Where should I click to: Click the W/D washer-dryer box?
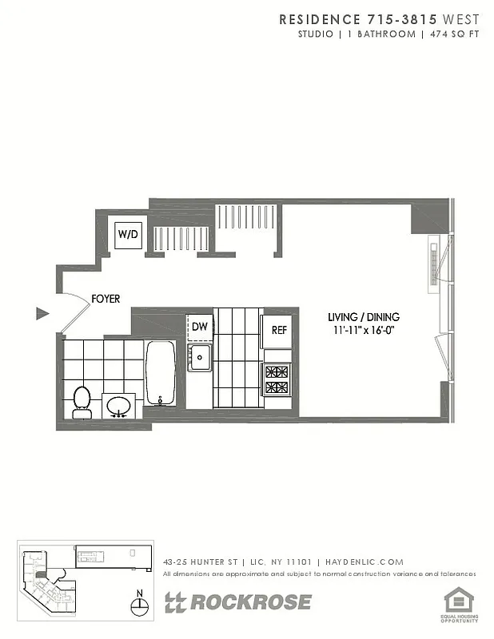(129, 234)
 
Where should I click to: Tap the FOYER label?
(106, 299)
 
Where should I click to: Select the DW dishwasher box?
(199, 327)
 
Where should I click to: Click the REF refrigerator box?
(278, 330)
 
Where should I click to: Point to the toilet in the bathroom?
(82, 401)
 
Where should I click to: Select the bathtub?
(161, 373)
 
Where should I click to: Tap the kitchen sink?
(199, 357)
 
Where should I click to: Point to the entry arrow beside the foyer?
(43, 314)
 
